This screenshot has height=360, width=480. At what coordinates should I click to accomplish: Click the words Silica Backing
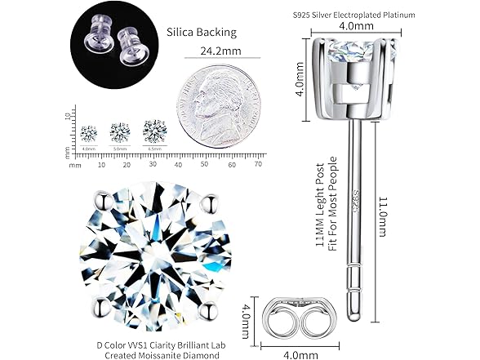[201, 33]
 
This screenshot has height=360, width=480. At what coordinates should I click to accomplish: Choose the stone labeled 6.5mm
[153, 129]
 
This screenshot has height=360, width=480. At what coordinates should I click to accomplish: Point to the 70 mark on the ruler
[257, 165]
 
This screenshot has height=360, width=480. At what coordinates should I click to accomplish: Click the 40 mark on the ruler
[179, 165]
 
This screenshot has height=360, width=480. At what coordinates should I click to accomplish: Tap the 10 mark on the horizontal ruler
[101, 165]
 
